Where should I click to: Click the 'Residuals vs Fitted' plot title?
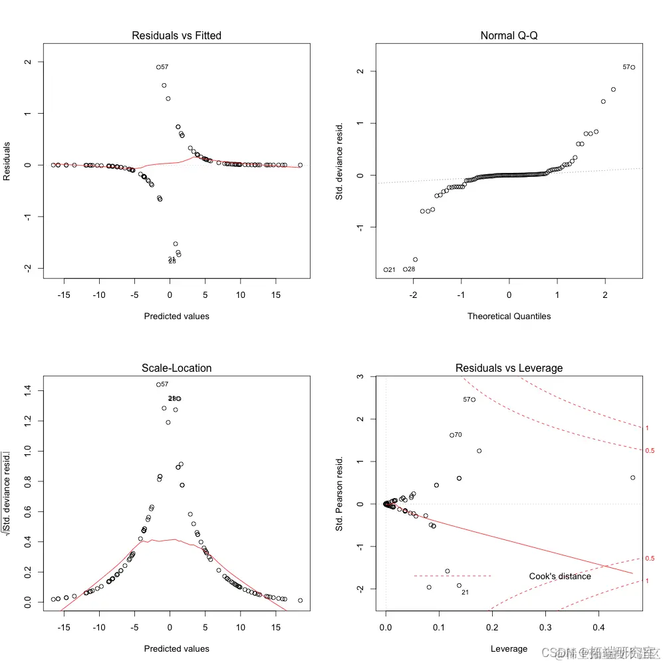click(176, 35)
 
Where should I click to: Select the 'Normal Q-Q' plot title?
click(509, 35)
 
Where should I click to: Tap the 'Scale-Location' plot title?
click(176, 368)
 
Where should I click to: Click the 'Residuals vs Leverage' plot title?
click(509, 368)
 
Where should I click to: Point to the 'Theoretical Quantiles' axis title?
click(509, 316)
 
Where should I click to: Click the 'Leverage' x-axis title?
click(509, 648)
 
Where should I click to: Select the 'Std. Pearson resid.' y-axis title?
click(339, 493)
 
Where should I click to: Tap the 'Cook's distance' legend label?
click(560, 576)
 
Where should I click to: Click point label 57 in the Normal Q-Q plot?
click(626, 67)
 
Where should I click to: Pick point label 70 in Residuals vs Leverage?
click(458, 435)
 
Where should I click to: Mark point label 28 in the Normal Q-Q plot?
click(411, 269)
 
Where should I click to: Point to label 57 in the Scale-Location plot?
click(164, 384)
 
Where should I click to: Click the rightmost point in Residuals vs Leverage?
click(632, 477)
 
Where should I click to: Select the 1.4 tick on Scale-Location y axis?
click(27, 390)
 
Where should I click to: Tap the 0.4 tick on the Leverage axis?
click(598, 627)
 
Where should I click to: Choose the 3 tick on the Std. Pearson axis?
click(359, 376)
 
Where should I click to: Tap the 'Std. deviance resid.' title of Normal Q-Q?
click(339, 160)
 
